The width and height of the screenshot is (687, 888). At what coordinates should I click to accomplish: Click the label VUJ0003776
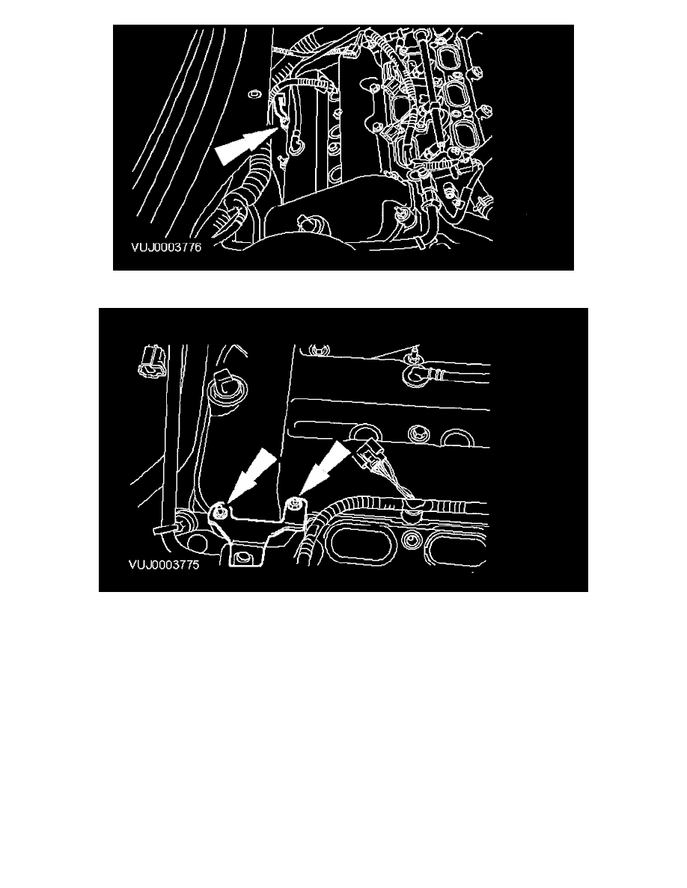coord(166,247)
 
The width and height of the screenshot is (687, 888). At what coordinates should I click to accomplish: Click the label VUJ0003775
coord(164,564)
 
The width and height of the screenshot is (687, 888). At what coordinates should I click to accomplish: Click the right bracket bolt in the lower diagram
coord(294,504)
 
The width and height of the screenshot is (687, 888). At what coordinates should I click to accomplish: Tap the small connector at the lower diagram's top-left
coord(150,362)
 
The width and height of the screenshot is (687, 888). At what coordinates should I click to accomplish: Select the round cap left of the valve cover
coord(223,389)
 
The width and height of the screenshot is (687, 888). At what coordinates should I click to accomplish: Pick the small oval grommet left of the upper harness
coord(253,91)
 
